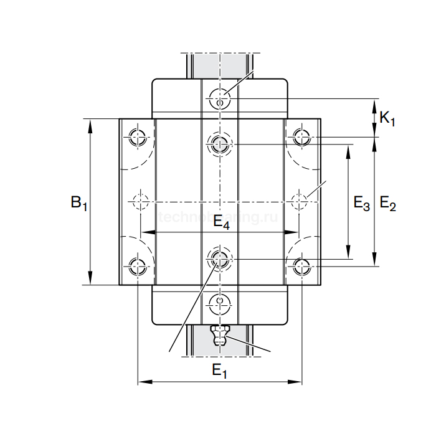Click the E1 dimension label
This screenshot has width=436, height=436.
click(219, 371)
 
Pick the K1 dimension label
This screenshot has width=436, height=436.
click(387, 118)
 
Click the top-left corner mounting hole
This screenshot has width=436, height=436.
click(137, 136)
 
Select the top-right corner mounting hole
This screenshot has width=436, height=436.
click(301, 136)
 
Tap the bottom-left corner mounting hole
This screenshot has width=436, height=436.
click(137, 267)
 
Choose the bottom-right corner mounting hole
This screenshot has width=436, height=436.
click(301, 267)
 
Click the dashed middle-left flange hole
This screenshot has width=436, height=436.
click(140, 201)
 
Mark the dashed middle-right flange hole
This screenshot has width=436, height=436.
click(300, 201)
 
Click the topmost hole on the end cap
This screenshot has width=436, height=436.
click(219, 98)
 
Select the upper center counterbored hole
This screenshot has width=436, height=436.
click(219, 145)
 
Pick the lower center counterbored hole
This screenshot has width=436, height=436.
click(219, 258)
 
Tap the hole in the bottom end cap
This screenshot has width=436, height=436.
click(219, 304)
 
